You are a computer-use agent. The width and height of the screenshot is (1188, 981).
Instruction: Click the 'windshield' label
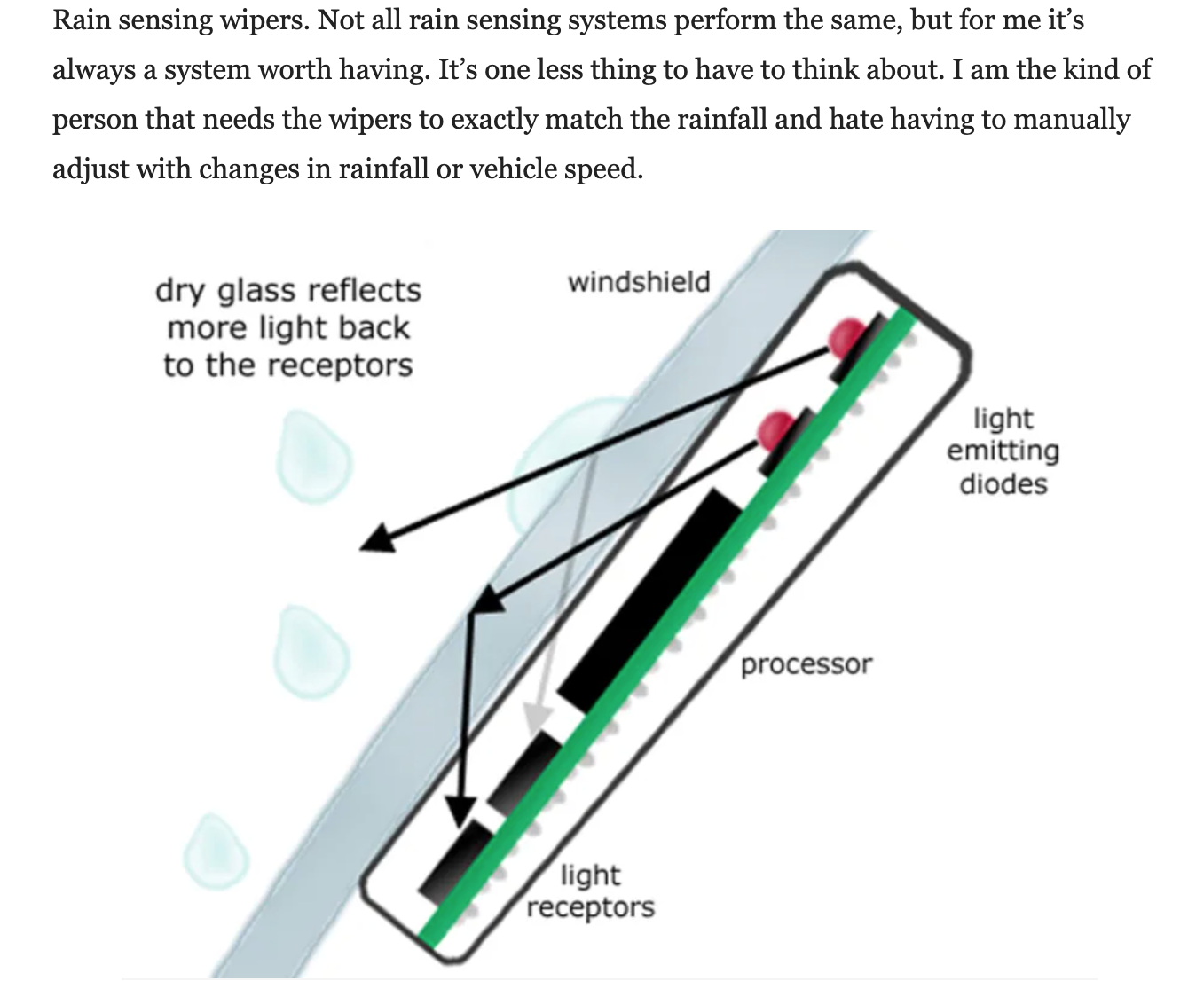pyautogui.click(x=639, y=282)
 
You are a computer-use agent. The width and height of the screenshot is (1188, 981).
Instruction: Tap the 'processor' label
pyautogui.click(x=806, y=663)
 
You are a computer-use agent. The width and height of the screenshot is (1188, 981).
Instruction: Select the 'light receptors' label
pyautogui.click(x=591, y=891)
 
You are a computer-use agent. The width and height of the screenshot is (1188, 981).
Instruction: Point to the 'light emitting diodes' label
pyautogui.click(x=1003, y=451)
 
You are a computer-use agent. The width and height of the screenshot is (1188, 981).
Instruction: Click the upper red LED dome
pyautogui.click(x=846, y=336)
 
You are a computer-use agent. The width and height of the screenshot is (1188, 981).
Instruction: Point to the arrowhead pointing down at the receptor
pyautogui.click(x=460, y=808)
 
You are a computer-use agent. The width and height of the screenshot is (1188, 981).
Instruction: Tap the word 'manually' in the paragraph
pyautogui.click(x=1071, y=119)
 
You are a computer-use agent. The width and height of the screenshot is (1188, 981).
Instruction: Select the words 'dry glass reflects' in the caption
pyautogui.click(x=288, y=290)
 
